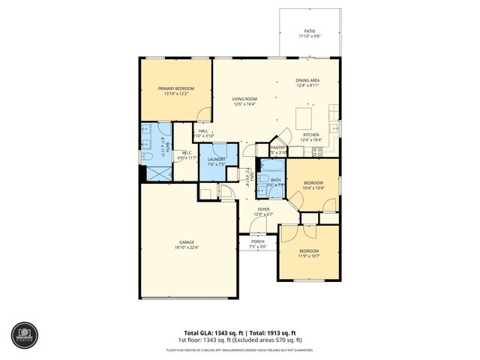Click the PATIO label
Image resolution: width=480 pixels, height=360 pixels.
tap(309, 31)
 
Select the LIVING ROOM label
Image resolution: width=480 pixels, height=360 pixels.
tap(244, 99)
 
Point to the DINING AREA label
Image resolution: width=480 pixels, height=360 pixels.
tap(307, 80)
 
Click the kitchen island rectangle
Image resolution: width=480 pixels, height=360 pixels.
tap(304, 118)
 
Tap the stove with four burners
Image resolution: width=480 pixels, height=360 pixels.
tap(317, 151)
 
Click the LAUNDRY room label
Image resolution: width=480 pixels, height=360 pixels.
tap(217, 159)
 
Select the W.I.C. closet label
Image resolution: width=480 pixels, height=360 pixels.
tap(184, 153)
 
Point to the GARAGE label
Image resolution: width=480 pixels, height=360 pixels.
tap(187, 242)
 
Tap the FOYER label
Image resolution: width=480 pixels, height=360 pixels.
tap(264, 210)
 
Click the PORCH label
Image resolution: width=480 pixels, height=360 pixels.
tap(257, 241)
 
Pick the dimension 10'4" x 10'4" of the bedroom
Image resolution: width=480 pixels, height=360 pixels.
tap(313, 187)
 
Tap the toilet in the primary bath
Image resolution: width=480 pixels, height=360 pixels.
tap(145, 158)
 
